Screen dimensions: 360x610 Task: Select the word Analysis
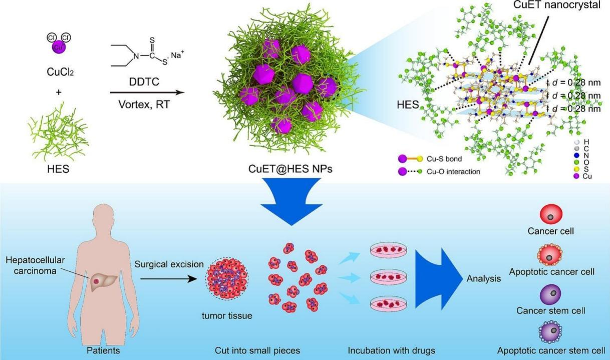click(483, 279)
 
